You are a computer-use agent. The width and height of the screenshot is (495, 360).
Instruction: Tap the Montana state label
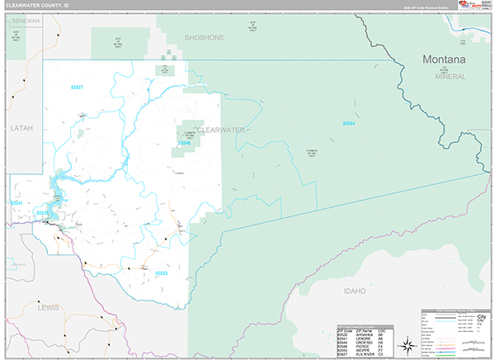443,60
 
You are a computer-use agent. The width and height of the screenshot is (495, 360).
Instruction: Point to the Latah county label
21,129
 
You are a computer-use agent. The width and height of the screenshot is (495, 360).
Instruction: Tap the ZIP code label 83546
185,143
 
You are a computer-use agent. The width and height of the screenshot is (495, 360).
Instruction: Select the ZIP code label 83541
16,202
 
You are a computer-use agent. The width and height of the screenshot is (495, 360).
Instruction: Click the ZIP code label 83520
43,213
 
